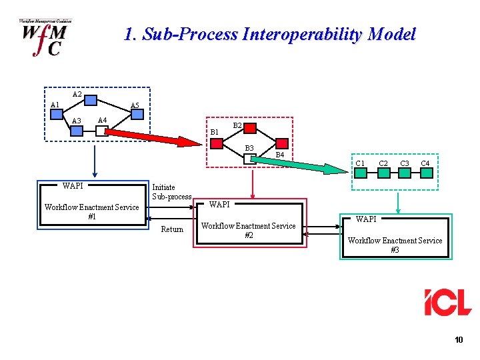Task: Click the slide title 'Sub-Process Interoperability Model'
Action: point(270,35)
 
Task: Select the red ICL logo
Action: point(447,302)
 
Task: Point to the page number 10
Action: point(458,340)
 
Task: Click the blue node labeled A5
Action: point(137,114)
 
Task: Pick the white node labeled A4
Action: point(101,131)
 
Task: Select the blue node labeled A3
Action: point(77,131)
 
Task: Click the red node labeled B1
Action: point(217,143)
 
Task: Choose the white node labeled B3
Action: point(249,159)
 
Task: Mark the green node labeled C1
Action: point(360,173)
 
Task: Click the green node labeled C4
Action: point(425,173)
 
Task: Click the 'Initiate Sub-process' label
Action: point(171,192)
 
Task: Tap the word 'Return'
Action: point(172,229)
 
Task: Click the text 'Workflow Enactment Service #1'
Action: point(91,212)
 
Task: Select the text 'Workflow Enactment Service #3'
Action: point(395,245)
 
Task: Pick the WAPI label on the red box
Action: point(219,204)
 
